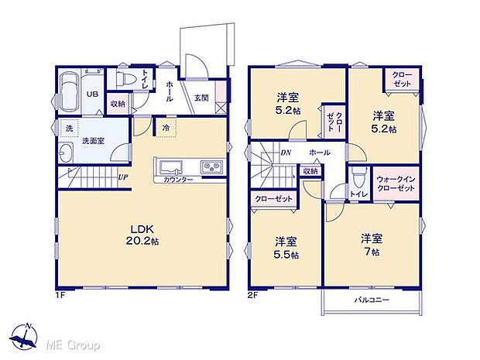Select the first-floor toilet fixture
[124, 79]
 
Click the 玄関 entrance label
[201, 97]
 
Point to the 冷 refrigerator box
[165, 127]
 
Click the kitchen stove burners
[211, 167]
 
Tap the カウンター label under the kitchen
[178, 180]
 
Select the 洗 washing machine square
[67, 127]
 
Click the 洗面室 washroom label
[93, 142]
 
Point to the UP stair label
[123, 177]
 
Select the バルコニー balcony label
[372, 299]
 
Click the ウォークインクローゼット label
[396, 183]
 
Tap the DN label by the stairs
[286, 153]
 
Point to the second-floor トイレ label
[358, 194]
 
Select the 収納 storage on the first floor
[118, 103]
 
